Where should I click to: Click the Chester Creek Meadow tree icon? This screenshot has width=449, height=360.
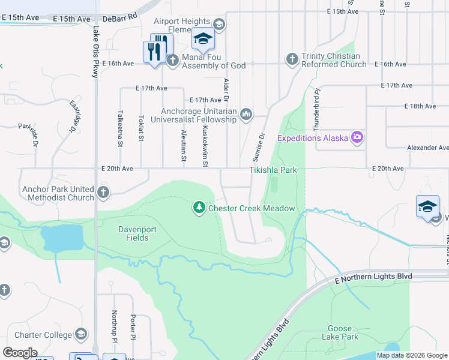(x=199, y=208)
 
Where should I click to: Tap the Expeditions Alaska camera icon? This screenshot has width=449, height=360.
(x=357, y=138)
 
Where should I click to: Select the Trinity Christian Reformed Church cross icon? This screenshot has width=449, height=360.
(x=292, y=59)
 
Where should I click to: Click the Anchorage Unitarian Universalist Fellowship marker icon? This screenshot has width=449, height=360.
(x=246, y=114)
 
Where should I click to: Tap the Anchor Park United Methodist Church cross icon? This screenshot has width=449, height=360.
(x=103, y=193)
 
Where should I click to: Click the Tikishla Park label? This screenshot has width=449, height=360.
(x=273, y=170)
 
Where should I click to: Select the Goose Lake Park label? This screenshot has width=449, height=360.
(x=343, y=332)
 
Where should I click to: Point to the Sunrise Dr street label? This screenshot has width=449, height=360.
(x=262, y=145)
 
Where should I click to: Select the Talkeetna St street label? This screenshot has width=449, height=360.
(x=120, y=128)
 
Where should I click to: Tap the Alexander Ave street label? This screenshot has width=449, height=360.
(x=427, y=147)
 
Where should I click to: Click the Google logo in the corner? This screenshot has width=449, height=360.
(x=20, y=352)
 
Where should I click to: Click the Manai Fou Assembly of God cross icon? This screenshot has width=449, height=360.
(x=172, y=59)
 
